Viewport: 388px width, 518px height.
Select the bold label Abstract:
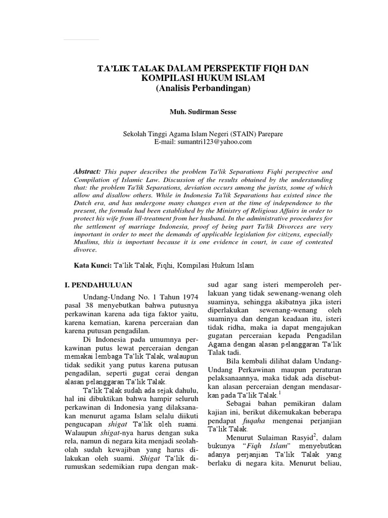pyautogui.click(x=87, y=172)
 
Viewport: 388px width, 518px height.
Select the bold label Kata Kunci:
pyautogui.click(x=92, y=265)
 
